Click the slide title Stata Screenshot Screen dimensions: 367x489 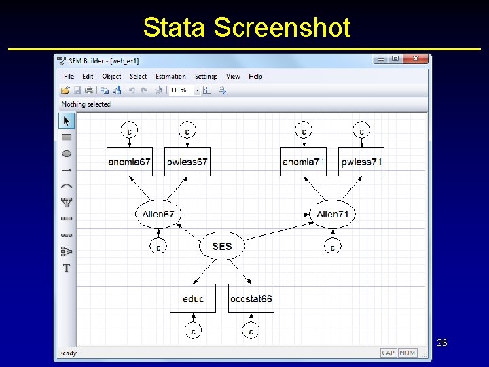pyautogui.click(x=247, y=27)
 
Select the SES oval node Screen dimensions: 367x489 pyautogui.click(x=221, y=246)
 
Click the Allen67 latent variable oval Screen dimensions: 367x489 pyautogui.click(x=158, y=214)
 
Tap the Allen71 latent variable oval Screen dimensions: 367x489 pyautogui.click(x=332, y=214)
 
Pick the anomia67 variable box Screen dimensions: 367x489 pyautogui.click(x=129, y=162)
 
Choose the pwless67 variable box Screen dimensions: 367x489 pyautogui.click(x=187, y=162)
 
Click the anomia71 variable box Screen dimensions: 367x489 pyautogui.click(x=303, y=162)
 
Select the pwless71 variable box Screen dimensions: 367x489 pyautogui.click(x=361, y=162)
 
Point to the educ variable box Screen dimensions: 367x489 pyautogui.click(x=193, y=298)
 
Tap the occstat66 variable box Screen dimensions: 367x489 pyautogui.click(x=251, y=298)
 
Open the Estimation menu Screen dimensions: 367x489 pyautogui.click(x=170, y=77)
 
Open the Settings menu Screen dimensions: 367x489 pyautogui.click(x=206, y=77)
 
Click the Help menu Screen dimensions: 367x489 pyautogui.click(x=255, y=77)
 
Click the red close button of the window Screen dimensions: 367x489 pyautogui.click(x=416, y=60)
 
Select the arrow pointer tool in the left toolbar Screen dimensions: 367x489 pyautogui.click(x=67, y=121)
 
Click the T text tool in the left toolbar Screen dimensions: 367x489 pyautogui.click(x=67, y=268)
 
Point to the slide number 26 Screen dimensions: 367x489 pyautogui.click(x=441, y=343)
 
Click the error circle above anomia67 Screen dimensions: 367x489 pyautogui.click(x=129, y=130)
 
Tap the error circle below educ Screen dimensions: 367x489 pyautogui.click(x=193, y=332)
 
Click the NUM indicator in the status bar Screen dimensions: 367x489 pyautogui.click(x=407, y=353)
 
